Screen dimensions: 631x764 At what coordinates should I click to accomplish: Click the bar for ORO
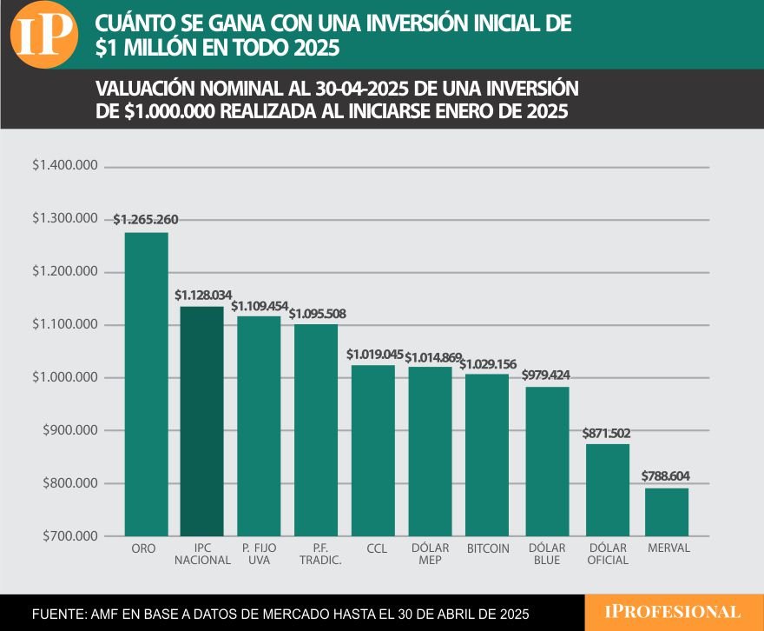coord(146,384)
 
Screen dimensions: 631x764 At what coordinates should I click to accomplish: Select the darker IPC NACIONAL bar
coord(201,421)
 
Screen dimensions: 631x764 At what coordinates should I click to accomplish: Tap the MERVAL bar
coord(667,512)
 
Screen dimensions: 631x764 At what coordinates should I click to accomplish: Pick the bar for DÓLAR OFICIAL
coord(608,490)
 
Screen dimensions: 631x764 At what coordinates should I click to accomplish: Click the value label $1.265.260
coord(146,220)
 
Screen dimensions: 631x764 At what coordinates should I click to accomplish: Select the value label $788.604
coord(667,476)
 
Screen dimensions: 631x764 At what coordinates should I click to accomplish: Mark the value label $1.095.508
coord(317,313)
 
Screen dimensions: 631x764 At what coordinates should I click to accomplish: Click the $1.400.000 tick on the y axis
coord(64,166)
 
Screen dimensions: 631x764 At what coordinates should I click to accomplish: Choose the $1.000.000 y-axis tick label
coord(64,377)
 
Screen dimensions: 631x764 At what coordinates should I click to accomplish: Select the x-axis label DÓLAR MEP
coord(430,555)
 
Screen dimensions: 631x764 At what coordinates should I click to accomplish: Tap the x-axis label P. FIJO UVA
coord(259,555)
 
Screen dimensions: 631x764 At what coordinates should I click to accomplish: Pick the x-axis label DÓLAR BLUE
coord(547,555)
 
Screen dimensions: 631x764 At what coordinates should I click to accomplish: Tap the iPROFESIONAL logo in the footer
coord(673,612)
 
